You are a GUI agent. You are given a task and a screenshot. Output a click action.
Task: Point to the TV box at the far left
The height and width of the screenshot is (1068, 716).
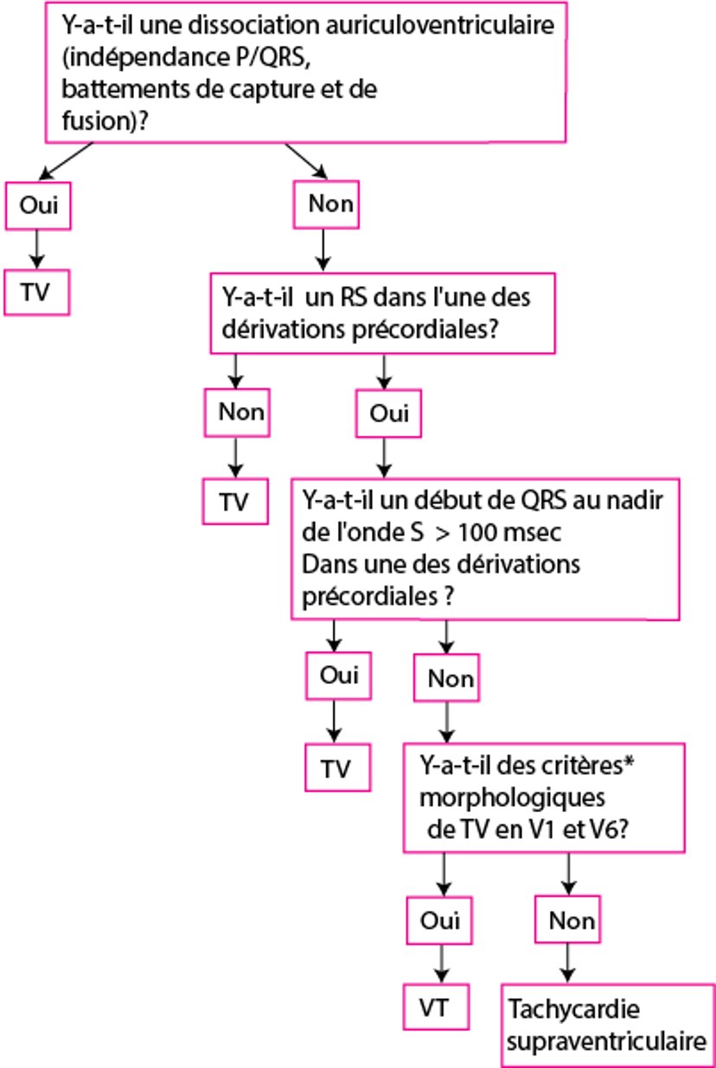point(35,292)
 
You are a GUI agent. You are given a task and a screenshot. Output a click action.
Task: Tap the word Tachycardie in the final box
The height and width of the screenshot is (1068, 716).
point(562,1010)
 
